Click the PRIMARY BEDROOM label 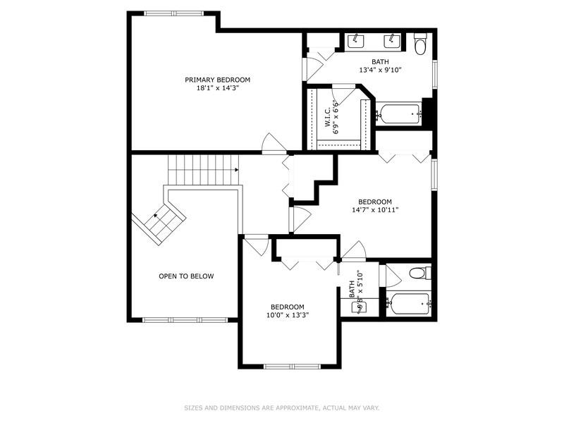pos(217,80)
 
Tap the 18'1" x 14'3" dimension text pos(217,88)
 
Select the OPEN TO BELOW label pos(186,276)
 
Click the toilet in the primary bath pos(420,44)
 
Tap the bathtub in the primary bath pos(399,113)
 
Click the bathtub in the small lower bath pos(408,305)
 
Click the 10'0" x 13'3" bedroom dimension pos(288,315)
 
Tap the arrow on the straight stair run pos(236,170)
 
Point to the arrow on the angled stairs pos(156,214)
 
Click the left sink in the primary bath pos(357,39)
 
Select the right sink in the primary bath pos(392,39)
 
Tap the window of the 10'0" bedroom pos(287,366)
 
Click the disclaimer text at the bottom pos(282,407)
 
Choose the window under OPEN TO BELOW pos(185,320)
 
